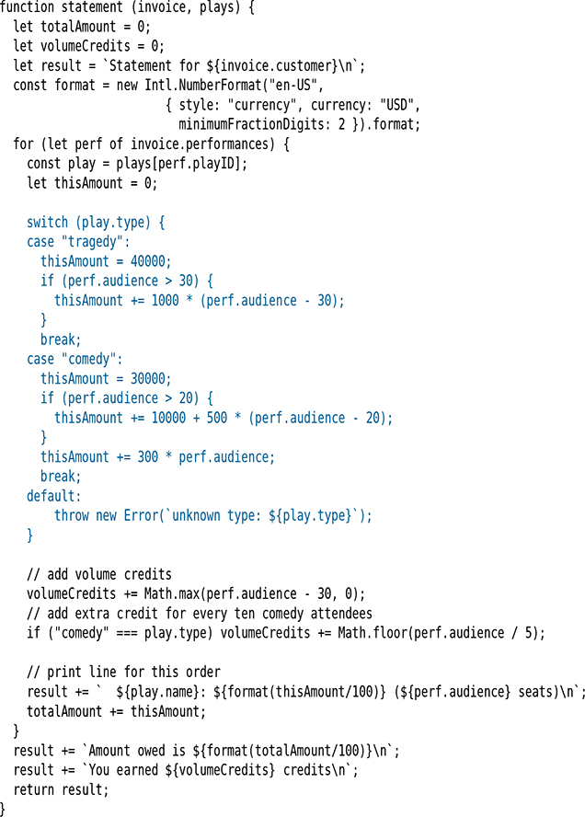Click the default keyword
click(54, 496)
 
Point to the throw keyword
click(72, 515)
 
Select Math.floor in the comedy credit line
click(401, 632)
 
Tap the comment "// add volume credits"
click(99, 574)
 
